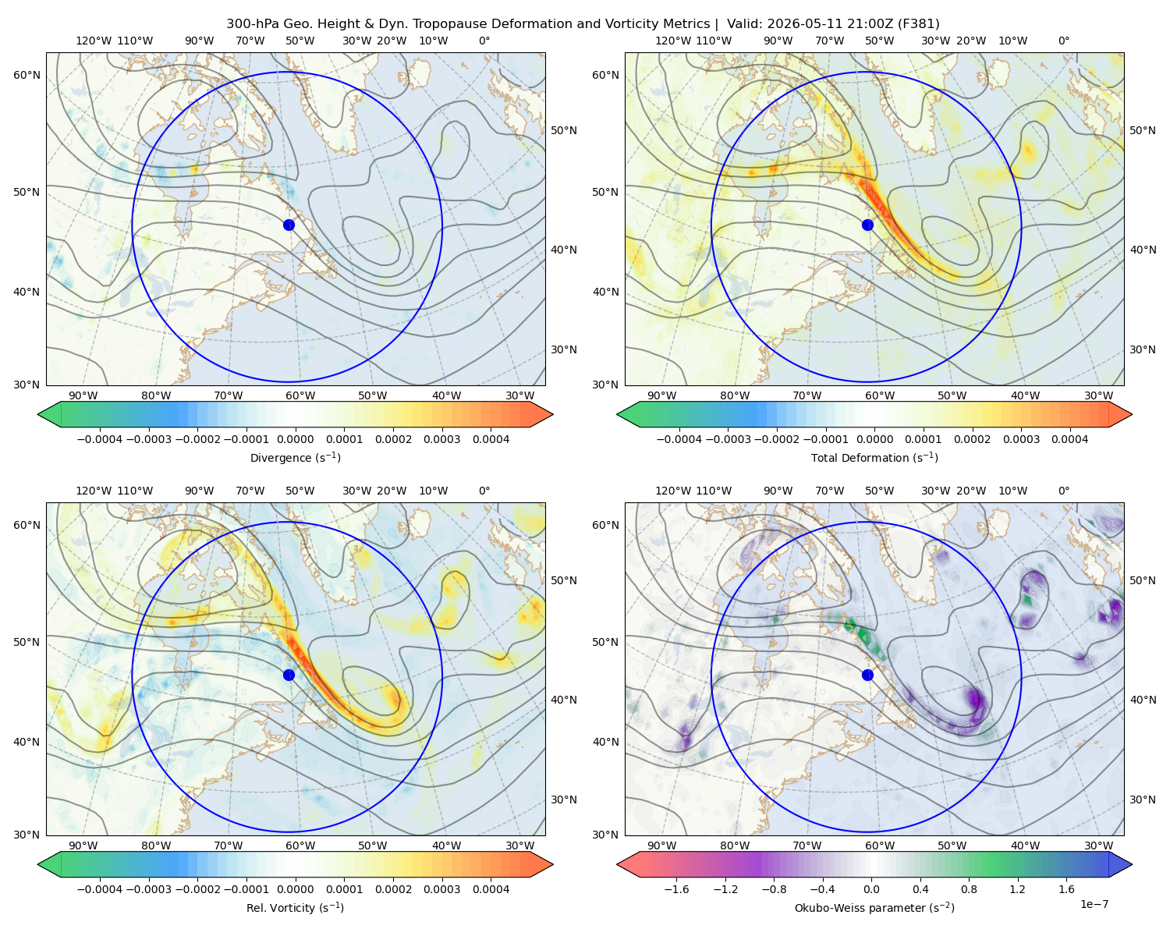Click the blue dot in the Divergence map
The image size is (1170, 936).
click(289, 225)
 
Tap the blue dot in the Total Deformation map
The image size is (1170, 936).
click(867, 225)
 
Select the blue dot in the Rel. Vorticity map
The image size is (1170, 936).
click(289, 675)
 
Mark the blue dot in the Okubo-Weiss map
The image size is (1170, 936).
click(867, 675)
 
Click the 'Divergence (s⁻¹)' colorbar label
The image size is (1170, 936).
click(295, 458)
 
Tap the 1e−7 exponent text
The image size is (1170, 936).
click(1094, 904)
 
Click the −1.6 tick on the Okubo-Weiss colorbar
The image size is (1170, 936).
click(676, 889)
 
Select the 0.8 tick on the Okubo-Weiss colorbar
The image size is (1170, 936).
click(969, 889)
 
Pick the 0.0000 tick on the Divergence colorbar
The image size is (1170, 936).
click(295, 439)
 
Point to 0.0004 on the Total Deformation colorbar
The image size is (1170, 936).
click(1069, 439)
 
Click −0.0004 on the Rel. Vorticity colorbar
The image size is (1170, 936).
click(100, 889)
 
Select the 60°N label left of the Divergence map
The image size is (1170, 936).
click(27, 75)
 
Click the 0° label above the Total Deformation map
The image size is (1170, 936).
click(1064, 41)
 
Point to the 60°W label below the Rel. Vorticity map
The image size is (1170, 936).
click(300, 846)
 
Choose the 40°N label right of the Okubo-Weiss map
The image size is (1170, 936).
click(1143, 700)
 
